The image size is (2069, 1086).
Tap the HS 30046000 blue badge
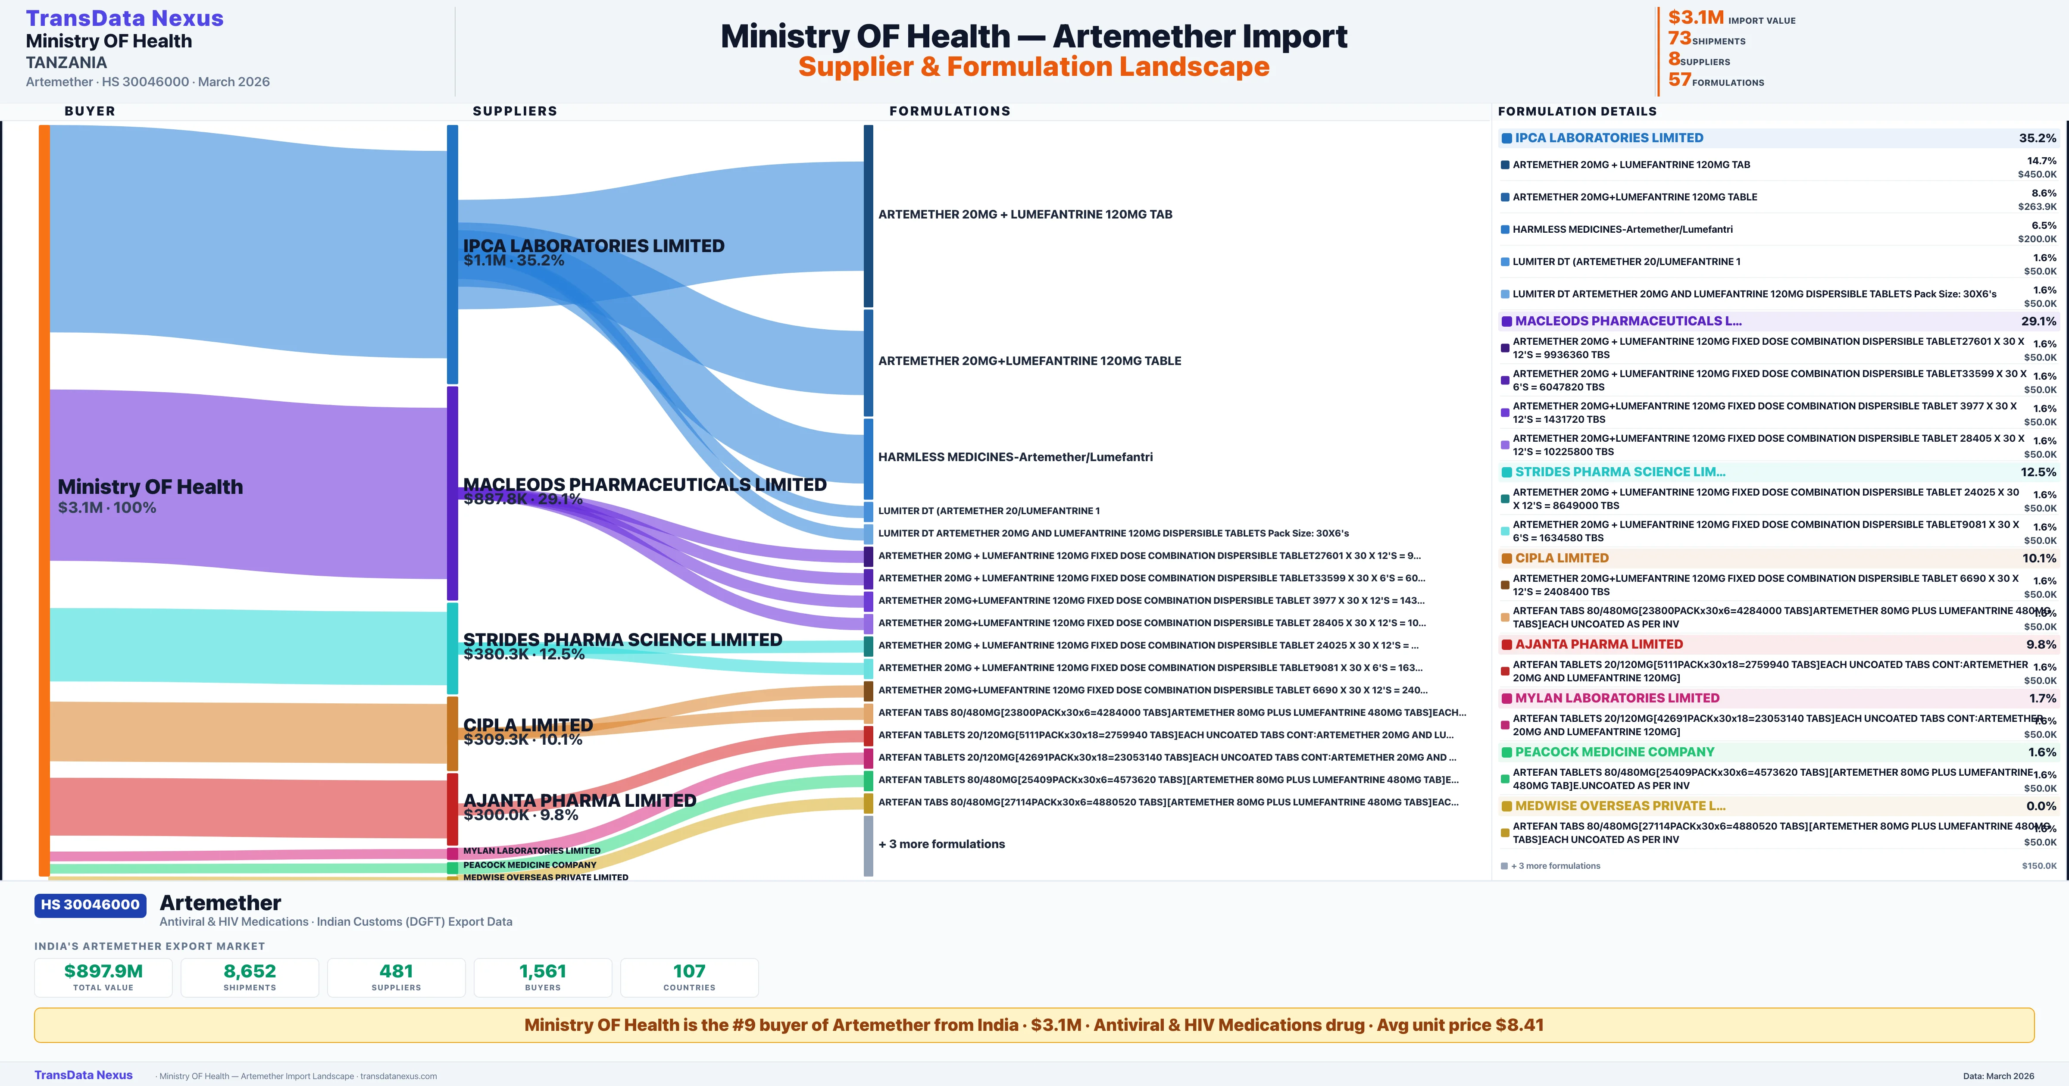90,905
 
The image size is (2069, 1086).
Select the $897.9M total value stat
103,971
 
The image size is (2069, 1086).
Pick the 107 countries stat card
689,977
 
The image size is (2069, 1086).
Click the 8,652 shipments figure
250,971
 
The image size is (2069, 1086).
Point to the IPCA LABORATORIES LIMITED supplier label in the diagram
594,246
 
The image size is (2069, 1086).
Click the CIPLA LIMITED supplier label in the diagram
528,724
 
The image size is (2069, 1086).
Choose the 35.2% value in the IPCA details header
2037,138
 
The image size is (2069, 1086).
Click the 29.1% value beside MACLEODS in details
2038,321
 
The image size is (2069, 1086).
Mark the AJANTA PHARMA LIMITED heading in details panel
1598,644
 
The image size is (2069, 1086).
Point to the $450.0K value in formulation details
2037,174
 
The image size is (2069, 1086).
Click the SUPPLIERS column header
515,111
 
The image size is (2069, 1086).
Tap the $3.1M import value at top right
1696,18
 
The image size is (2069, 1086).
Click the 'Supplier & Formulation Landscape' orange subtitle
1034,67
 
